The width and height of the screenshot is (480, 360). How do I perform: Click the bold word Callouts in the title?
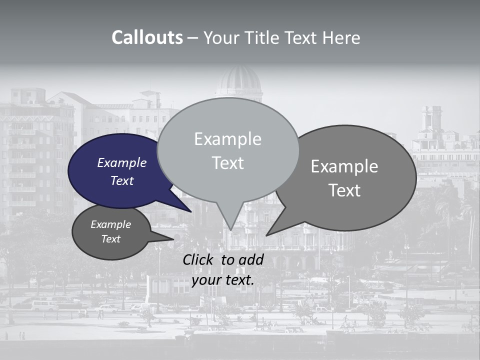(x=147, y=38)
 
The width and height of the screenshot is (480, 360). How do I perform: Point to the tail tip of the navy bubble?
(x=190, y=211)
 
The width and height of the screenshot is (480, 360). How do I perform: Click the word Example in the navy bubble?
(x=121, y=163)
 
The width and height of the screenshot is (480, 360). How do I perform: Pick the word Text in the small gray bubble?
(x=110, y=239)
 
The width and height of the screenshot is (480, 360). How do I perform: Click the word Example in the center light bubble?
(x=227, y=139)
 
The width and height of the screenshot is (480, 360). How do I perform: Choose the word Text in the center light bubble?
(x=227, y=163)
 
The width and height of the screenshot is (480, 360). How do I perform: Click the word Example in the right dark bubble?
(x=344, y=166)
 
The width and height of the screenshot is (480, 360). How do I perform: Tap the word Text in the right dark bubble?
(x=345, y=190)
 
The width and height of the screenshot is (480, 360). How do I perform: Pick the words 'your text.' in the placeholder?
(x=222, y=280)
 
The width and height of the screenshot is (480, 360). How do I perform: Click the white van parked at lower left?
(x=45, y=305)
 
